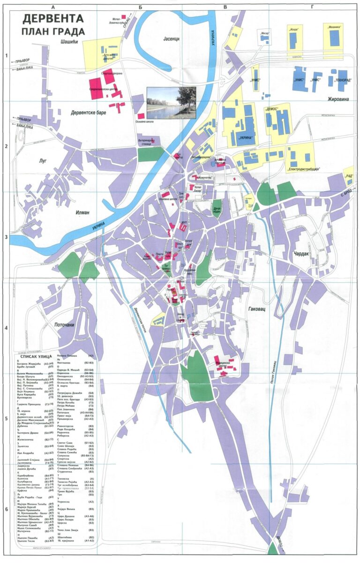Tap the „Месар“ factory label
(x=265, y=33)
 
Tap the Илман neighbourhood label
(x=82, y=212)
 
